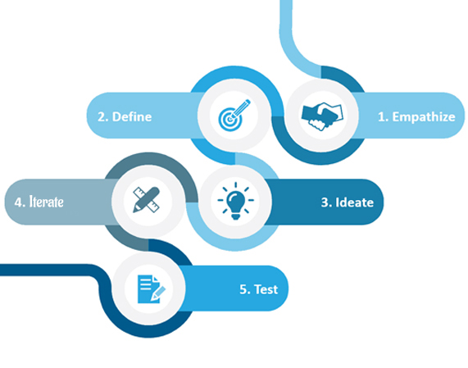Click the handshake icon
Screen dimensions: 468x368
tap(322, 116)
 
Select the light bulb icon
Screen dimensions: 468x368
tap(236, 201)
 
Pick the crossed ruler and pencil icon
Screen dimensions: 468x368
tap(146, 200)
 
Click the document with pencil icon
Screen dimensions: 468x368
tap(152, 288)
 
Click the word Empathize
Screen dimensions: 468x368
tap(424, 117)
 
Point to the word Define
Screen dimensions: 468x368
tap(132, 116)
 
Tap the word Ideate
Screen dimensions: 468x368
tap(355, 202)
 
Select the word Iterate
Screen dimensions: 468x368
tap(46, 202)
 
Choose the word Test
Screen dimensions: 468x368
tap(266, 289)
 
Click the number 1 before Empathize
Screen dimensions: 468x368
tap(382, 116)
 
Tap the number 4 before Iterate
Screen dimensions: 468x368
tap(20, 202)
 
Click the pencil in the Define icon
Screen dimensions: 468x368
tap(240, 109)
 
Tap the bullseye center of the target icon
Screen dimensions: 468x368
tap(229, 120)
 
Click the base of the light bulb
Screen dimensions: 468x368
tap(236, 216)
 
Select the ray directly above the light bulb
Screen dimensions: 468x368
tap(236, 185)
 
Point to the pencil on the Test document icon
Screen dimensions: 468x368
tap(158, 293)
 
